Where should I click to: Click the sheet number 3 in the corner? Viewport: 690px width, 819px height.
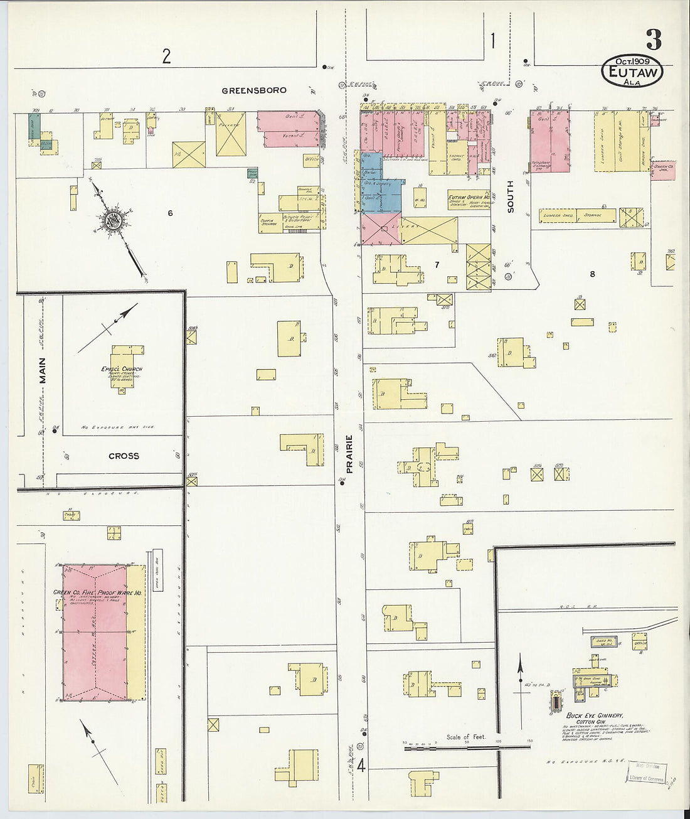(653, 40)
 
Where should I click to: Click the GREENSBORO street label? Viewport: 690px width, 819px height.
(253, 90)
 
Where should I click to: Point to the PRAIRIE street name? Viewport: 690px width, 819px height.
(349, 453)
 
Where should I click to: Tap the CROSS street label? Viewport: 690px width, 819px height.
(124, 456)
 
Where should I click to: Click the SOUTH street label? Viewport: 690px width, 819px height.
(510, 196)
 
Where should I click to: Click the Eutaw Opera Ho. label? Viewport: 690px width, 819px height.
(469, 197)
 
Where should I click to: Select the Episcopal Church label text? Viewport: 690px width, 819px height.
(122, 368)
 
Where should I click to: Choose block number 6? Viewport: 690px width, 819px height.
(170, 213)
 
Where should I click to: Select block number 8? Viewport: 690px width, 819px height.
(592, 274)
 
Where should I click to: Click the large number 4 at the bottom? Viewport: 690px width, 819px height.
(361, 766)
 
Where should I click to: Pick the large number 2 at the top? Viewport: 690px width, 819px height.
(166, 57)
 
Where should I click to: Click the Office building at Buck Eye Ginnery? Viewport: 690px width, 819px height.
(640, 642)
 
